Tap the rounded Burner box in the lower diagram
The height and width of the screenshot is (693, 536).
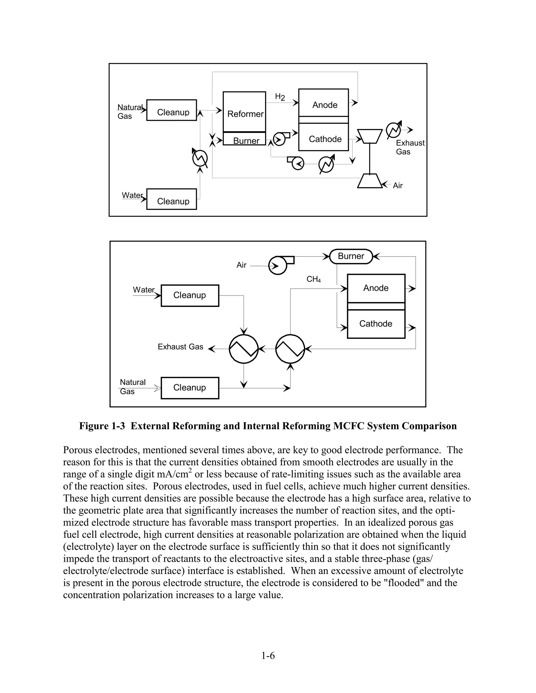(351, 256)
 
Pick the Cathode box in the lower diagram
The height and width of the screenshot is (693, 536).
(376, 324)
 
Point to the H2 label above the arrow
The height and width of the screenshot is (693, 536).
(280, 97)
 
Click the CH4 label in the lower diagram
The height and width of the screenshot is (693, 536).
(313, 279)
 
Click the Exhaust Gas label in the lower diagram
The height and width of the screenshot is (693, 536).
(180, 347)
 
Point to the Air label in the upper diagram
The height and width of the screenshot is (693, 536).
(398, 186)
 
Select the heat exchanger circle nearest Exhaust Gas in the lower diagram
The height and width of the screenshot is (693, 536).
(244, 349)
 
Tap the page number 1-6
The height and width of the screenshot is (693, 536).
(268, 655)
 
